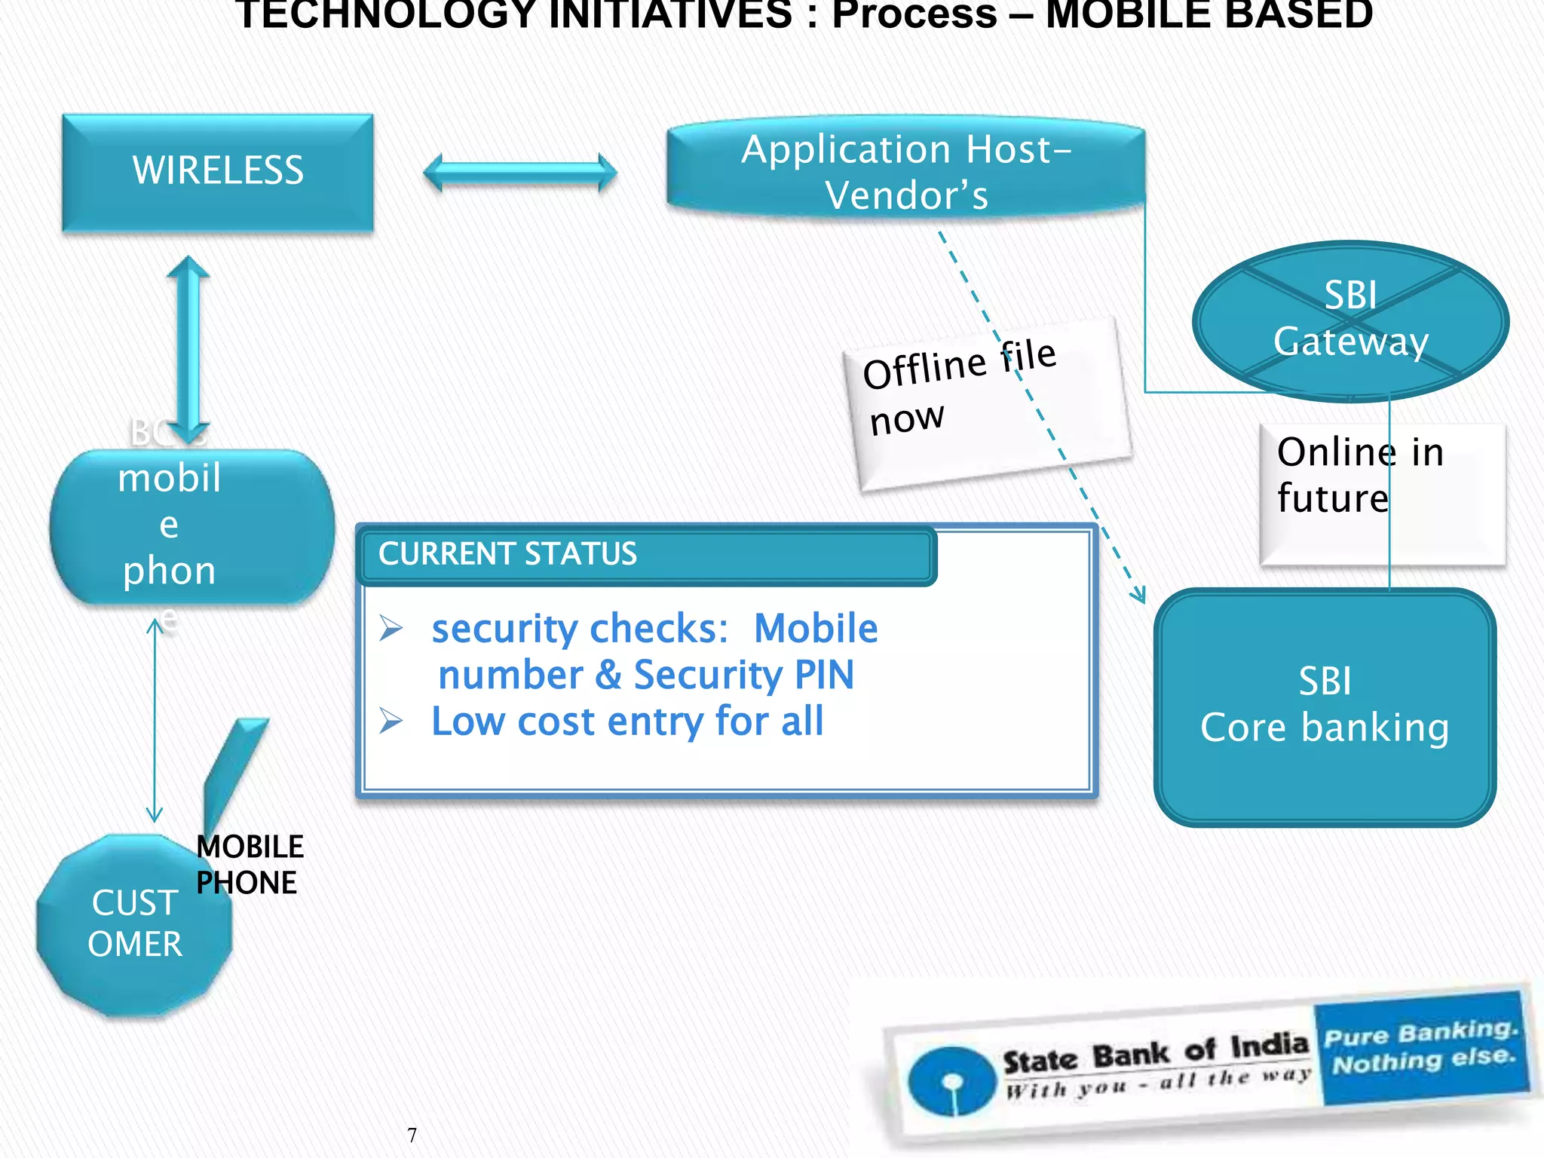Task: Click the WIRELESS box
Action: pyautogui.click(x=218, y=171)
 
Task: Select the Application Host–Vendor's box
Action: pyautogui.click(x=905, y=171)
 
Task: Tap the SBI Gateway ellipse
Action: pyautogui.click(x=1350, y=320)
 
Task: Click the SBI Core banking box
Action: pyautogui.click(x=1325, y=706)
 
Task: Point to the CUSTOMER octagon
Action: pyautogui.click(x=134, y=924)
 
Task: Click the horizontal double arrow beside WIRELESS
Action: pyautogui.click(x=520, y=173)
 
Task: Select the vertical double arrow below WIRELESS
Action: pyautogui.click(x=188, y=348)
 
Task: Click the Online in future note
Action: pyautogui.click(x=1381, y=494)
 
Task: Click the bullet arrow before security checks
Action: pyautogui.click(x=391, y=627)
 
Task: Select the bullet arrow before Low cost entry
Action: pyautogui.click(x=391, y=721)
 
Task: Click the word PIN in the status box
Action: pyautogui.click(x=825, y=675)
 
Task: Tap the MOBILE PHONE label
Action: pyautogui.click(x=250, y=864)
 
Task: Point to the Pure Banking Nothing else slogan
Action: pyautogui.click(x=1422, y=1047)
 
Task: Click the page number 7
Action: pyautogui.click(x=412, y=1135)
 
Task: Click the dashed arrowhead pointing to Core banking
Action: pyautogui.click(x=1138, y=595)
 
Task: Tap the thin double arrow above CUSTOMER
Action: pyautogui.click(x=155, y=720)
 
